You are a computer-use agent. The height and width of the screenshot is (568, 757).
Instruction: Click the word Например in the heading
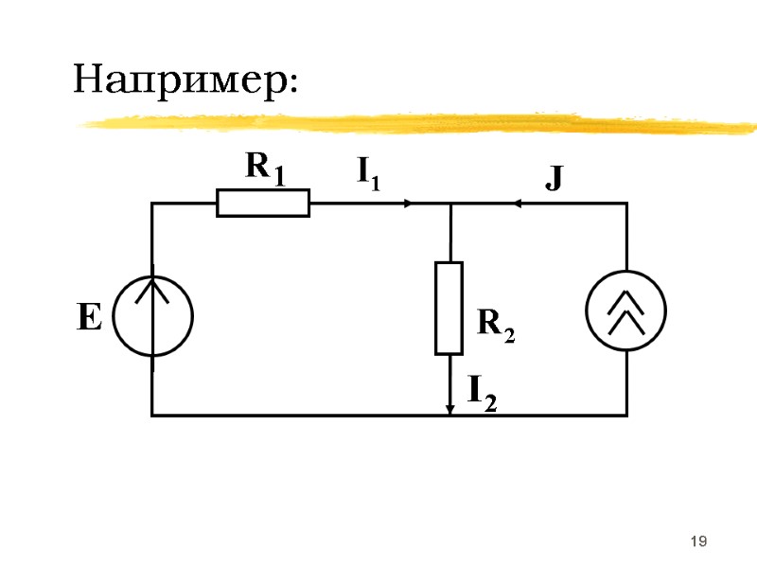tap(185, 79)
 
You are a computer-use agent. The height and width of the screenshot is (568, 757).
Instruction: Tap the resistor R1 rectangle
tap(263, 203)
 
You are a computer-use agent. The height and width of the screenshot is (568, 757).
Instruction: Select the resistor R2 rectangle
tap(449, 308)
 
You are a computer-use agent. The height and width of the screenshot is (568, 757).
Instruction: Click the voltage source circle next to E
tap(152, 314)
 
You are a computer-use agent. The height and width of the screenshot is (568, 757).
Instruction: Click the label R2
tap(496, 325)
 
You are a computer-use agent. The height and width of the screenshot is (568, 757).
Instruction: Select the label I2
tap(482, 390)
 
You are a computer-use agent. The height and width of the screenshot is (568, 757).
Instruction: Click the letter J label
tap(554, 177)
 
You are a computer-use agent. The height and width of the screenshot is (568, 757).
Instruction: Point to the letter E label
tap(88, 318)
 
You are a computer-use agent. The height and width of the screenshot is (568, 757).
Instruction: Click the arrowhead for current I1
tap(408, 203)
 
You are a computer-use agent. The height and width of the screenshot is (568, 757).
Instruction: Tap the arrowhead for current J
tap(519, 203)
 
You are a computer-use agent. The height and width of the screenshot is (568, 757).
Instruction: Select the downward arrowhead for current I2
tap(449, 408)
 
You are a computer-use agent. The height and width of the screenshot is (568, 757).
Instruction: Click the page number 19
tap(699, 541)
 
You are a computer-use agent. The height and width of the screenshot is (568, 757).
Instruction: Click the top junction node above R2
tap(449, 203)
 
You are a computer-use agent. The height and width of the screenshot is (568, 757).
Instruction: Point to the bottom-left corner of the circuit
tap(152, 415)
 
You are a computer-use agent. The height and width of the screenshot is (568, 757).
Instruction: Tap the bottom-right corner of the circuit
tap(626, 415)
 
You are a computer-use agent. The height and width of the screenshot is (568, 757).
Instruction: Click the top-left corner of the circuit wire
tap(152, 203)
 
